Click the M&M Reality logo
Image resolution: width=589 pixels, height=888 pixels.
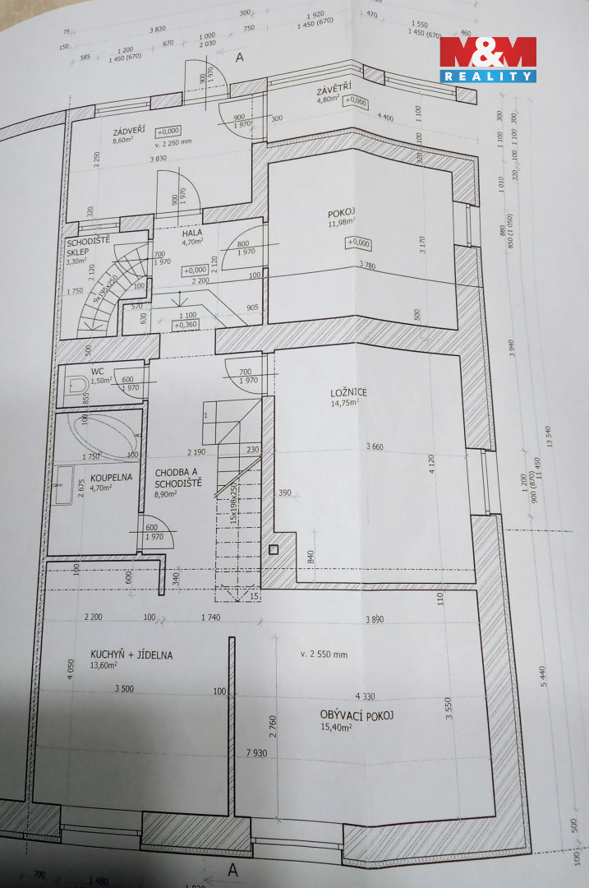click(x=487, y=59)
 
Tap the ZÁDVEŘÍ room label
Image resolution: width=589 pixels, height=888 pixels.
click(x=131, y=132)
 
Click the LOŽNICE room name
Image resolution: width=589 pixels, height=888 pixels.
click(x=350, y=392)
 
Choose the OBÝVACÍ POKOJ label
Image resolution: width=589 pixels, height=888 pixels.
click(x=357, y=715)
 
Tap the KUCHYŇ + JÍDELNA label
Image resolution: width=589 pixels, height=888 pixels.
click(x=121, y=654)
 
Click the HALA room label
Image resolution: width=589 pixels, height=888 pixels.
click(x=193, y=232)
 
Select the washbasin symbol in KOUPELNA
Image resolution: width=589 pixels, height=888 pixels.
click(x=61, y=485)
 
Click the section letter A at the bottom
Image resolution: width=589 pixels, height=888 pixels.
click(x=233, y=869)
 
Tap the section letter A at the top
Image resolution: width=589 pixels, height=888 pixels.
click(x=240, y=58)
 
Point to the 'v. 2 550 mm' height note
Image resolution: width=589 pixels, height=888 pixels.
click(x=324, y=654)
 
